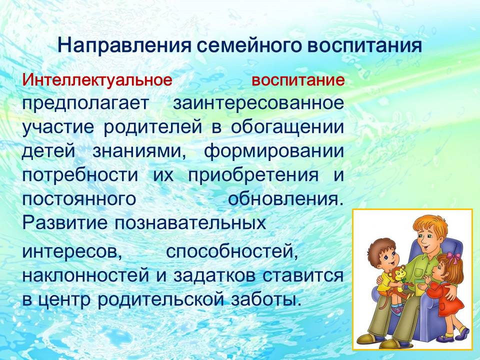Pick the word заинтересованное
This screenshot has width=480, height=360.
coord(258,103)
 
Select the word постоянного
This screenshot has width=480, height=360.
coord(79,199)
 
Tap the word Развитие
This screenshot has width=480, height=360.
coord(65,223)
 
